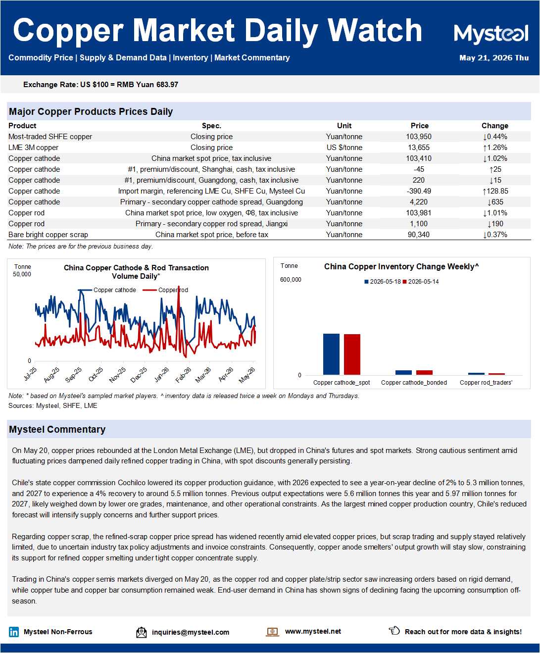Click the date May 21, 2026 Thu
(x=494, y=58)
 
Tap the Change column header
(x=494, y=126)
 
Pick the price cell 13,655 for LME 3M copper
(x=419, y=148)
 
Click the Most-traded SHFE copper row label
(x=50, y=137)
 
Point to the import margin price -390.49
(x=419, y=191)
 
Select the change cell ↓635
(x=495, y=202)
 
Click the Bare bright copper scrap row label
(x=48, y=235)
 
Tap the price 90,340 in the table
(x=419, y=235)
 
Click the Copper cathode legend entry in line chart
(x=107, y=290)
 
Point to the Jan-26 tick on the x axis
(x=162, y=375)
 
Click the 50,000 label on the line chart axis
(x=22, y=274)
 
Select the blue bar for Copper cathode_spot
(x=331, y=354)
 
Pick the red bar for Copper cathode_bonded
(x=424, y=372)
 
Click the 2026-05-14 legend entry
(x=421, y=282)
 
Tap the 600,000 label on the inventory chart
(x=291, y=280)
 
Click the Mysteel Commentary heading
(x=57, y=429)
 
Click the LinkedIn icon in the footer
(x=14, y=632)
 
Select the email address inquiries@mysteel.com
(x=191, y=632)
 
